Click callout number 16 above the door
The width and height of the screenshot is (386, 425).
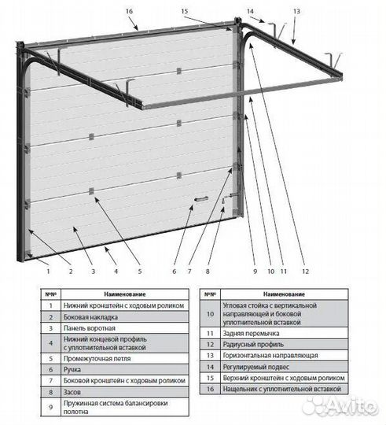129,11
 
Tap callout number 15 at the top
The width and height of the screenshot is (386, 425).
184,11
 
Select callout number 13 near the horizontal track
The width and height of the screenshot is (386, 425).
296,11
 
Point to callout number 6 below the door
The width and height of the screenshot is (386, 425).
174,271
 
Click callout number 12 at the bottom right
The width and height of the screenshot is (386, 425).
305,271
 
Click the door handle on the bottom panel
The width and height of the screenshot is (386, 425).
201,199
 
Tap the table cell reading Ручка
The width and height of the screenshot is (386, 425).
125,370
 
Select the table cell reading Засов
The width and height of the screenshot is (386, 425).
125,392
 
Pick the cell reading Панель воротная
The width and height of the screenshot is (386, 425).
125,328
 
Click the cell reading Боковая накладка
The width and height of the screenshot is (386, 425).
125,317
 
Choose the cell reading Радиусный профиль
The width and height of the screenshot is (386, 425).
285,345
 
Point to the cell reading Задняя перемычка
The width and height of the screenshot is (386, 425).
285,334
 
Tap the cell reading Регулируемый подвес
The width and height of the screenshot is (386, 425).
285,367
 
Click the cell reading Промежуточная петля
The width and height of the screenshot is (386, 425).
125,359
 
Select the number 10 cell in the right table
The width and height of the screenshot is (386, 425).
211,314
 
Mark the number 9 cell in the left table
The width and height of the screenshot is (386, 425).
51,407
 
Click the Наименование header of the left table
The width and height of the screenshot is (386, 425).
125,294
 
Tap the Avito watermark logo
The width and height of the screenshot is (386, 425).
340,406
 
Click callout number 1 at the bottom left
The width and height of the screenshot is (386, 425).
48,271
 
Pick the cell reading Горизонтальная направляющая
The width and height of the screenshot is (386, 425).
285,355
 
